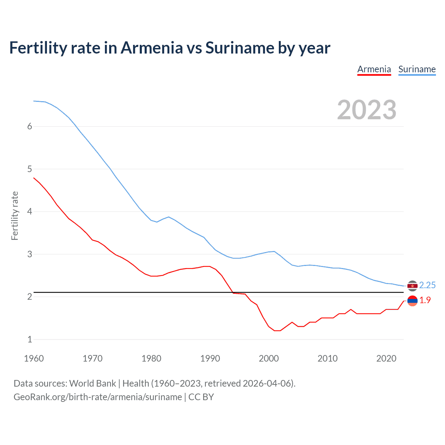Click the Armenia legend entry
(374, 69)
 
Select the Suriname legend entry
(417, 69)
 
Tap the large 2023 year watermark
(366, 110)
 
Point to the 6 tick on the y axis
(30, 127)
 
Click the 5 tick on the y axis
(30, 169)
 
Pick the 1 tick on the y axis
(30, 339)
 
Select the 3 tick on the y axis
(30, 254)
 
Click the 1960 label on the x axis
(34, 358)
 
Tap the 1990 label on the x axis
(210, 358)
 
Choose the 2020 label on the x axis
(386, 358)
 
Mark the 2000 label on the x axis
(269, 358)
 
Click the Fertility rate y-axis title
(15, 216)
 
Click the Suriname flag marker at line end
(412, 286)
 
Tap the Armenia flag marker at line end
(412, 301)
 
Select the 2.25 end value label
(427, 285)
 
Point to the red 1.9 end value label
(425, 300)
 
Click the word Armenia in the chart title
(152, 48)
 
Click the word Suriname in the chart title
(240, 48)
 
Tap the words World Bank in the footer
(92, 383)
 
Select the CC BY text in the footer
(201, 397)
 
